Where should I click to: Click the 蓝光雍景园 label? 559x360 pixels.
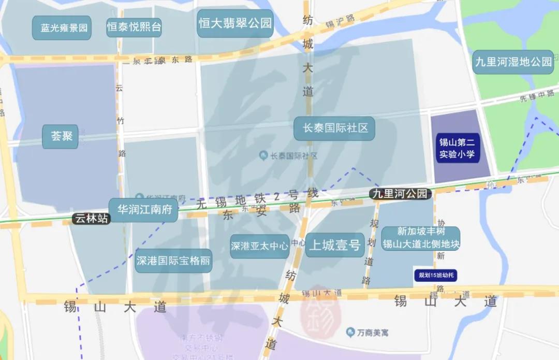(x=62, y=28)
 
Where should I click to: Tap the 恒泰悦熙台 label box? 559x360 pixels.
(x=134, y=27)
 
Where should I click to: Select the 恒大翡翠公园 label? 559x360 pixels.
(x=235, y=23)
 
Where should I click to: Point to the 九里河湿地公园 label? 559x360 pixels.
(x=513, y=62)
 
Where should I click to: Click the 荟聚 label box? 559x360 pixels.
(x=61, y=136)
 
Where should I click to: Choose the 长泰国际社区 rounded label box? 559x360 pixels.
(x=334, y=128)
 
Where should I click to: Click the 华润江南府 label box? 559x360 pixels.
(x=143, y=210)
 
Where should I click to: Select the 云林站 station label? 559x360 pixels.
(x=92, y=219)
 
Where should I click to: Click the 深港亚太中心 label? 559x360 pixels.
(x=259, y=246)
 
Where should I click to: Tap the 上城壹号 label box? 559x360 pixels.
(x=334, y=245)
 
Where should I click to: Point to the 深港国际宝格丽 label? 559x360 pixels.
(x=173, y=261)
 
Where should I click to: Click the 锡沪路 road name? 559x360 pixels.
(x=340, y=21)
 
